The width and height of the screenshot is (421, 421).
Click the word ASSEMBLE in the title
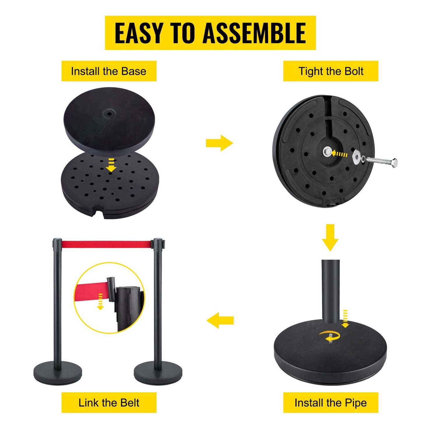pyautogui.click(x=254, y=33)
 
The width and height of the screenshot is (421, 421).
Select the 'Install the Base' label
pyautogui.click(x=109, y=71)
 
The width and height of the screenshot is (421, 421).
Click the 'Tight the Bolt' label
pyautogui.click(x=331, y=71)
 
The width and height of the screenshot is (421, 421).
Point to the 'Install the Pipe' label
pyautogui.click(x=331, y=403)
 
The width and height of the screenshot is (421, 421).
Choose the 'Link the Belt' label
pyautogui.click(x=109, y=403)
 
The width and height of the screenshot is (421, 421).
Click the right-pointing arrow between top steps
pyautogui.click(x=219, y=143)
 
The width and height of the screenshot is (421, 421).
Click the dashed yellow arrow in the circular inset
pyautogui.click(x=100, y=302)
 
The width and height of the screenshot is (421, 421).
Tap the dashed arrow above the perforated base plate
pyautogui.click(x=111, y=165)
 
